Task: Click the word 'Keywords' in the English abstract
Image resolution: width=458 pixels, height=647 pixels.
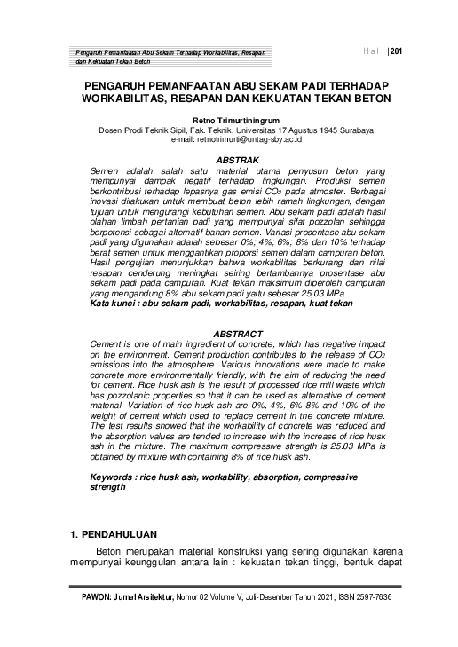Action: (x=116, y=477)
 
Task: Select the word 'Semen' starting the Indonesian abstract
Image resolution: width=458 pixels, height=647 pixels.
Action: (x=110, y=168)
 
